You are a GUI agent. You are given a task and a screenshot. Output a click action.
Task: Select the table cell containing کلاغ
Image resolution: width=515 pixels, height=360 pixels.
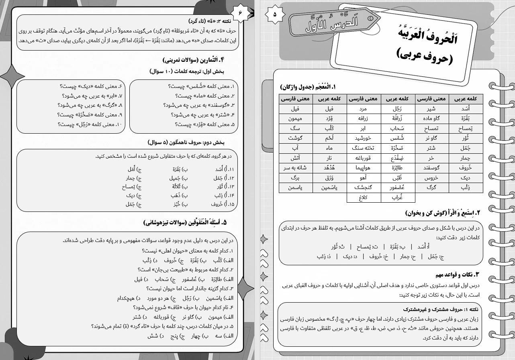[x=364, y=197]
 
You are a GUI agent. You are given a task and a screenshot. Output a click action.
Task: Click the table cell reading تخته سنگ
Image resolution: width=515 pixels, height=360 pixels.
[x=364, y=148]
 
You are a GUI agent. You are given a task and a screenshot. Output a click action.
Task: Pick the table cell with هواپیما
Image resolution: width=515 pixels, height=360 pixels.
[x=364, y=168]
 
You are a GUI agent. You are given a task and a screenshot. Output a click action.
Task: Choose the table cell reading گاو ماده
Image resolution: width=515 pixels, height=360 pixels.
[x=432, y=118]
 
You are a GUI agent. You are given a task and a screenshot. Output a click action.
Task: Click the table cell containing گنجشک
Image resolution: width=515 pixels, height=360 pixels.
[x=364, y=187]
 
